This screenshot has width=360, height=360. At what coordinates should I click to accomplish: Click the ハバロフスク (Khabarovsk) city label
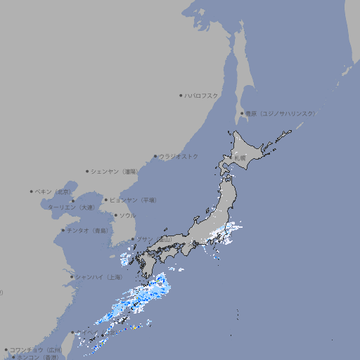pos(202,95)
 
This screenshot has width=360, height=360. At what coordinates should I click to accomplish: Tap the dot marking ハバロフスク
pos(181,95)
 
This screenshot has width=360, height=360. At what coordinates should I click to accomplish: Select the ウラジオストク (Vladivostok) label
pos(179,156)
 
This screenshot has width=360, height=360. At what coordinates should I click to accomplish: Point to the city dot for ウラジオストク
pos(155,156)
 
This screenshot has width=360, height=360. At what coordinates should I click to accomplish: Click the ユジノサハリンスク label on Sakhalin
pos(280,113)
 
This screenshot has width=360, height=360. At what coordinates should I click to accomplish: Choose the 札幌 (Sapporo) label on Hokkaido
pos(240,158)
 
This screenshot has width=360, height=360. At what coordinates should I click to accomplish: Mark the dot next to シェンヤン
pos(87,171)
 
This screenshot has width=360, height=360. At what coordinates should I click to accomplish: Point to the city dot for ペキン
pos(32,191)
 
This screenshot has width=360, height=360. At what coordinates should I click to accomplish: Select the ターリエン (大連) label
pos(71,207)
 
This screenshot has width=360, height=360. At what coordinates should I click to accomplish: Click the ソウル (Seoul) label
pos(127,215)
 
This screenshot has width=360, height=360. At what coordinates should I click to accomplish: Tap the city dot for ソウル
pos(115,215)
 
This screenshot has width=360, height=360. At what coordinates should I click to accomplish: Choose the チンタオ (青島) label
pos(87,230)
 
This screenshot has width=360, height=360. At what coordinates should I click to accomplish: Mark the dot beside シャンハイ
pos(72,277)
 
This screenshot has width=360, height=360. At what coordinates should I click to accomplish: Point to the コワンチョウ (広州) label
pos(35,349)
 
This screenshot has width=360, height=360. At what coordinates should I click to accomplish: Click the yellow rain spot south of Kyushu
pos(134,327)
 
